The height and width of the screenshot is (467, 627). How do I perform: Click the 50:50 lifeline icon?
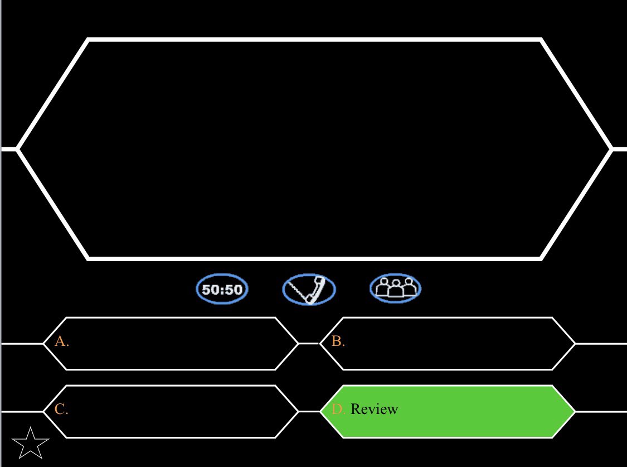point(222,290)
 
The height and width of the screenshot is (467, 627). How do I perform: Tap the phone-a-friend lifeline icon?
point(309,290)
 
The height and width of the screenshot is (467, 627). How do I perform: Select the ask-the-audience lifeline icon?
point(395,288)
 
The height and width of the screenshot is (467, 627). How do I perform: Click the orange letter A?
point(61,341)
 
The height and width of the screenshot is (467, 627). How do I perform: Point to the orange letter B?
point(337,341)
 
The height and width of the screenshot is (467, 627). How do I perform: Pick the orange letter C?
point(61,409)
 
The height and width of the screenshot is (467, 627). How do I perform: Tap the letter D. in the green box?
point(338,409)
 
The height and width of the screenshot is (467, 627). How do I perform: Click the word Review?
point(375,409)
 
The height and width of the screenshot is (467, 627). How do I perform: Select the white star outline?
point(30,442)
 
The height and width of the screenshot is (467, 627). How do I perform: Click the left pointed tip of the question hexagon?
point(18,149)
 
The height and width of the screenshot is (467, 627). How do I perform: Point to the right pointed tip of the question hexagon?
point(611,149)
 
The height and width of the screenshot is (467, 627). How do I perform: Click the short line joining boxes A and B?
point(308,344)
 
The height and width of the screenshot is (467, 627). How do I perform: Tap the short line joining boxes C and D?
point(308,412)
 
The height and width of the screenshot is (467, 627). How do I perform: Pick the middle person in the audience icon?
point(395,287)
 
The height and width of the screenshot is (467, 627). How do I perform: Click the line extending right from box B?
point(601,344)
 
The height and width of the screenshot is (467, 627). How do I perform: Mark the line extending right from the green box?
point(601,412)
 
